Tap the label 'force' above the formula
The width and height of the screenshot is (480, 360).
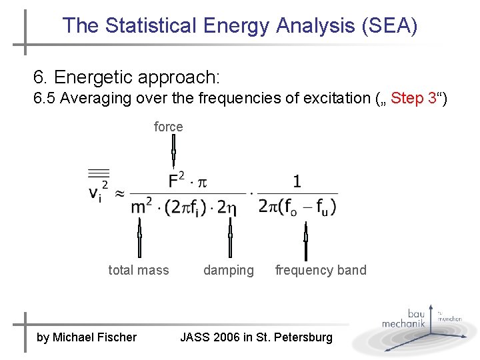pos(168,127)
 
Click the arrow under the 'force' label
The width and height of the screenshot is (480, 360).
pos(173,153)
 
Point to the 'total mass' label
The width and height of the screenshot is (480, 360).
pos(139,270)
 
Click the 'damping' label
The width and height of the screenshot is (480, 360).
pos(229,270)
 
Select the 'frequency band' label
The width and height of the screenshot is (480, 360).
pos(321,270)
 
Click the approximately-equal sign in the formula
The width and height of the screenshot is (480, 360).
pos(119,193)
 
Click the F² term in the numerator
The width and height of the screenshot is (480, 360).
pos(178,180)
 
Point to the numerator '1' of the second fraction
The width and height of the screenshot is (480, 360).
pos(297,181)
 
